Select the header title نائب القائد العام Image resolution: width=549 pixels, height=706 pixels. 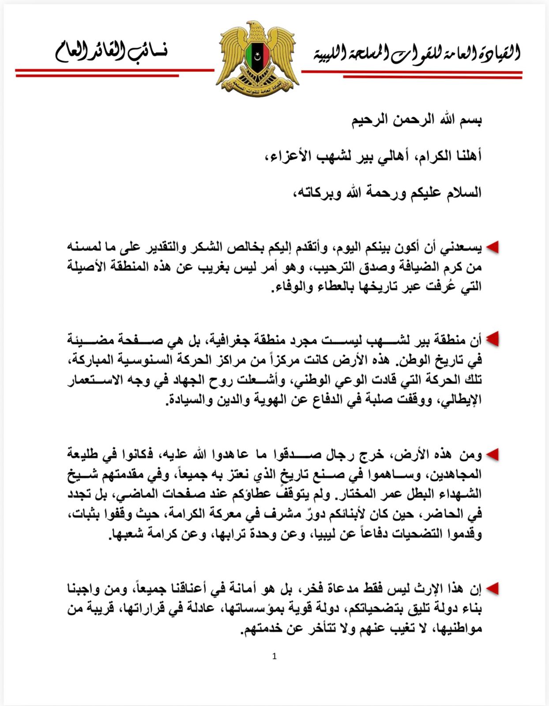point(111,52)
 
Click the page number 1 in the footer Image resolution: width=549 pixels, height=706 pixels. point(274,657)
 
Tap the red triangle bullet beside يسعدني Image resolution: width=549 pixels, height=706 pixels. point(493,248)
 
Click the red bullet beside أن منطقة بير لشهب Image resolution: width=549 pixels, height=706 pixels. point(493,339)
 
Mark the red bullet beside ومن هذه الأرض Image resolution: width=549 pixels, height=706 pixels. point(493,454)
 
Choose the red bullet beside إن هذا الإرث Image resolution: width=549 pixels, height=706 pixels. point(493,588)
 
